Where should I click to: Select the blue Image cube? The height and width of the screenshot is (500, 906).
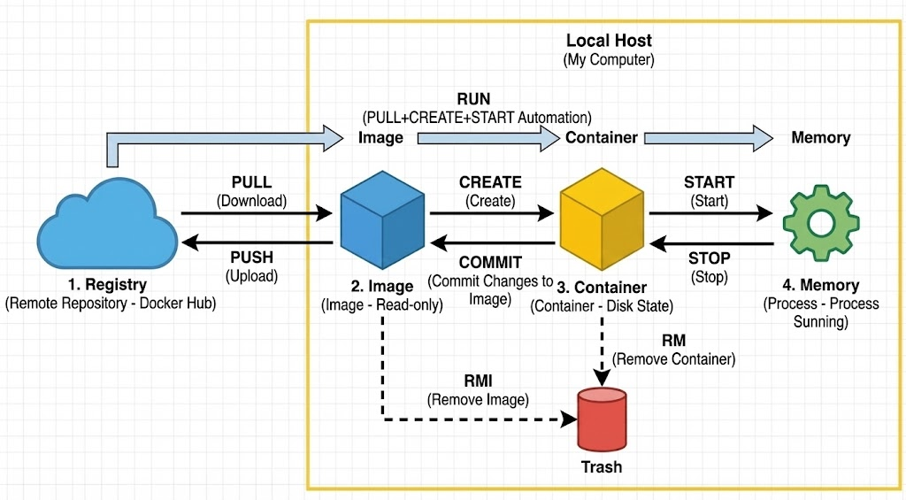(x=381, y=222)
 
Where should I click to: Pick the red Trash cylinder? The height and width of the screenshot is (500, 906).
(x=601, y=419)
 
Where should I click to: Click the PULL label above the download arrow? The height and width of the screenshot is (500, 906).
(x=251, y=181)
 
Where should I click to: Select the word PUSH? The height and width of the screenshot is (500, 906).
(x=251, y=258)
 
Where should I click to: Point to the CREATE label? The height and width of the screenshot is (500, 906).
(x=490, y=182)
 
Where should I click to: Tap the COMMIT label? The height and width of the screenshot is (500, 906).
(x=490, y=262)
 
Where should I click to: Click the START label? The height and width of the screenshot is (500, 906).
(x=709, y=182)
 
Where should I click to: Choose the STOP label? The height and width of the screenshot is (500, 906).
(x=709, y=258)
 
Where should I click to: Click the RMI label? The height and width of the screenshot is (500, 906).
(x=478, y=381)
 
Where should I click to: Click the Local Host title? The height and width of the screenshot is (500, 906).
(x=609, y=40)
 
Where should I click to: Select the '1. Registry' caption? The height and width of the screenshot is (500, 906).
(x=110, y=285)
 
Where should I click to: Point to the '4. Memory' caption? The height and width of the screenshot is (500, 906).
(x=820, y=285)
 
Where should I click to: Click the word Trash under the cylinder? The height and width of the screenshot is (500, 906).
(x=601, y=466)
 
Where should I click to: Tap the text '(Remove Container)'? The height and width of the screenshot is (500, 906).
(x=674, y=359)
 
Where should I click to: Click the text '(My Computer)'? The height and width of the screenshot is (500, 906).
(x=609, y=60)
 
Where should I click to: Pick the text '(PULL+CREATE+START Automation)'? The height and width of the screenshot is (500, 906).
(x=476, y=117)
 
